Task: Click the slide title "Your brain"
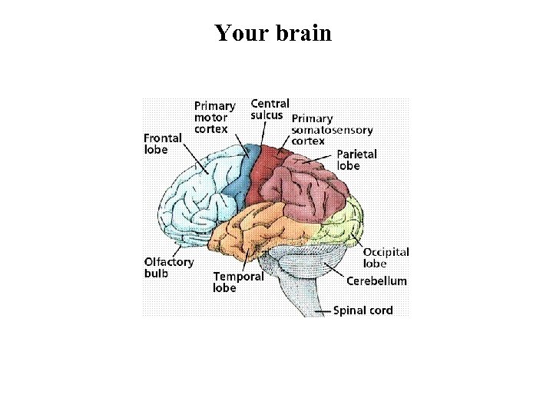tap(273, 33)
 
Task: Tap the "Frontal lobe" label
tap(163, 144)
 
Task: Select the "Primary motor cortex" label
tap(214, 118)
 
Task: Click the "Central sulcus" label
tap(270, 109)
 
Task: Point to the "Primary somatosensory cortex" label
tap(322, 130)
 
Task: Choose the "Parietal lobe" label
tap(356, 160)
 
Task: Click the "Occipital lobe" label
tap(386, 257)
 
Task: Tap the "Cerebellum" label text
tap(376, 281)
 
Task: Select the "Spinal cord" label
tap(363, 310)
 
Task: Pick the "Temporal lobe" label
tap(238, 282)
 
